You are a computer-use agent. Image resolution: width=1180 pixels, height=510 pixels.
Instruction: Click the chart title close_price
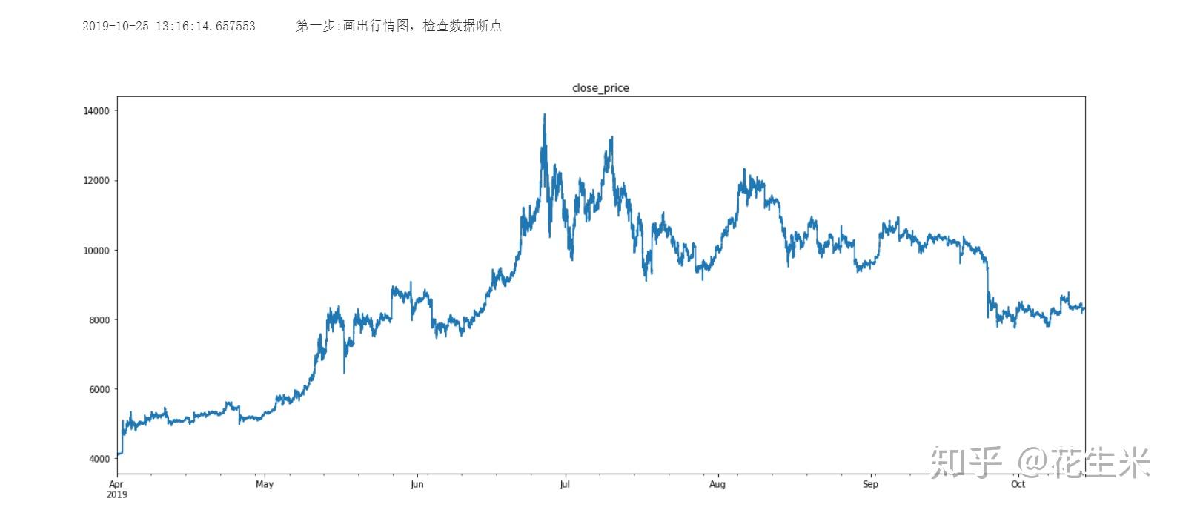tap(600, 88)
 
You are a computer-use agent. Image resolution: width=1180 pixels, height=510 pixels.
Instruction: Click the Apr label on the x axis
tap(116, 485)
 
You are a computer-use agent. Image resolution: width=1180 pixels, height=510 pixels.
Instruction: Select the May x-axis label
tap(265, 485)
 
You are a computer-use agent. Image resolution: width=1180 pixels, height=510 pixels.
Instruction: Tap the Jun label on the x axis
tap(417, 485)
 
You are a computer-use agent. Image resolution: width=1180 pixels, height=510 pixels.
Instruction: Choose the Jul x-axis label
tap(565, 485)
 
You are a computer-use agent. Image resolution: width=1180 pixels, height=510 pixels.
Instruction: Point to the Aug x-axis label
tap(717, 485)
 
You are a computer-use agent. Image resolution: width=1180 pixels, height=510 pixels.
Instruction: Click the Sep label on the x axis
tap(870, 485)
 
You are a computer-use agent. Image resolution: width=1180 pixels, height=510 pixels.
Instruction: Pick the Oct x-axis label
tap(1018, 485)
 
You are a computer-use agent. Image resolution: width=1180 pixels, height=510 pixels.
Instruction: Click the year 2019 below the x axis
tap(117, 494)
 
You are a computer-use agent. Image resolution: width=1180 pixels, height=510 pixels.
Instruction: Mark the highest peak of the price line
tap(545, 115)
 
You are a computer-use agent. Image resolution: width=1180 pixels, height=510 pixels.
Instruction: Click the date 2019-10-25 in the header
tap(115, 27)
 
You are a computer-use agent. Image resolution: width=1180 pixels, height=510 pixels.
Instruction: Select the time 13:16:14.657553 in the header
tap(205, 27)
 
